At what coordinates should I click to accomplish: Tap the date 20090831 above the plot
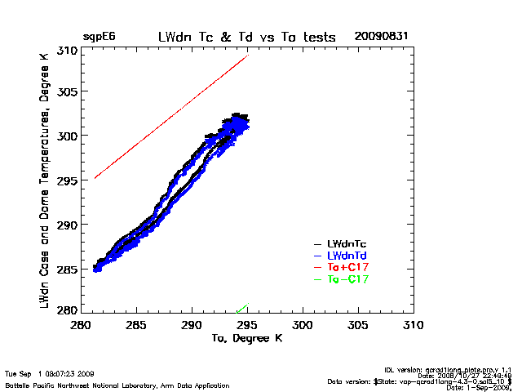tap(381, 37)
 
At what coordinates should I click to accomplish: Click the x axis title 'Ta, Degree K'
tap(246, 337)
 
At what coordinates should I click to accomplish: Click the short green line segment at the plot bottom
tap(241, 308)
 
